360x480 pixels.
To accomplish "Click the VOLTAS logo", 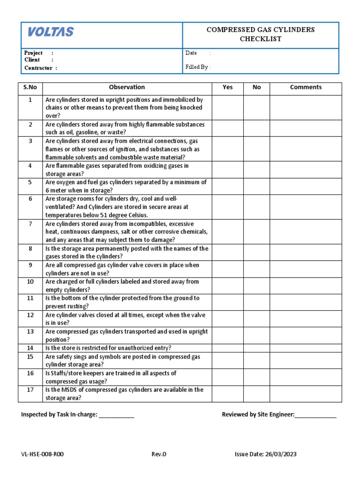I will pyautogui.click(x=51, y=32).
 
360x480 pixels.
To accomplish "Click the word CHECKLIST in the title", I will pyautogui.click(x=261, y=39).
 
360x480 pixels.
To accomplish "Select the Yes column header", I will pyautogui.click(x=227, y=87).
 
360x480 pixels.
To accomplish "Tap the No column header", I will pyautogui.click(x=256, y=87).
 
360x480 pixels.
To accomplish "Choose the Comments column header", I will pyautogui.click(x=306, y=87).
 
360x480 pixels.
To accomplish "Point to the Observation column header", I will pyautogui.click(x=127, y=87).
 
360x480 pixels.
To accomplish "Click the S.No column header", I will pyautogui.click(x=30, y=87).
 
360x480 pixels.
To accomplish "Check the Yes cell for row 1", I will pyautogui.click(x=227, y=107).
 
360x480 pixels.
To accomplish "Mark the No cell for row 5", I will pyautogui.click(x=256, y=186).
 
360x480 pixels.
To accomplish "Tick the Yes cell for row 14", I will pyautogui.click(x=227, y=348).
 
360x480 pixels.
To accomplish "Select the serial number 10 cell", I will pyautogui.click(x=30, y=285).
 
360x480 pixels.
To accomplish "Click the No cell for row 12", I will pyautogui.click(x=256, y=319).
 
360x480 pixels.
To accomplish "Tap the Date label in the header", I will pyautogui.click(x=191, y=53).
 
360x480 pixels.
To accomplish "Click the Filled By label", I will pyautogui.click(x=197, y=67).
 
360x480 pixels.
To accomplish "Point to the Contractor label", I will pyautogui.click(x=38, y=68).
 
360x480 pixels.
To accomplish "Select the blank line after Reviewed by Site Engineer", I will pyautogui.click(x=315, y=415).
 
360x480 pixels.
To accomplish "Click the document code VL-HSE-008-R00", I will pyautogui.click(x=43, y=454).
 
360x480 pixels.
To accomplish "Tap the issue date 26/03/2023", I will pyautogui.click(x=281, y=454).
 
